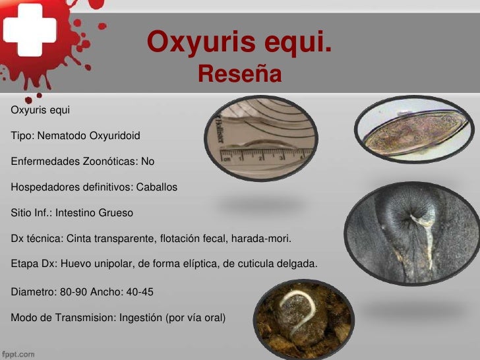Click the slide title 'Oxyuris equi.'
tap(239, 44)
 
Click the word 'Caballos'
tap(157, 187)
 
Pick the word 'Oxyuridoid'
tap(113, 135)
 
